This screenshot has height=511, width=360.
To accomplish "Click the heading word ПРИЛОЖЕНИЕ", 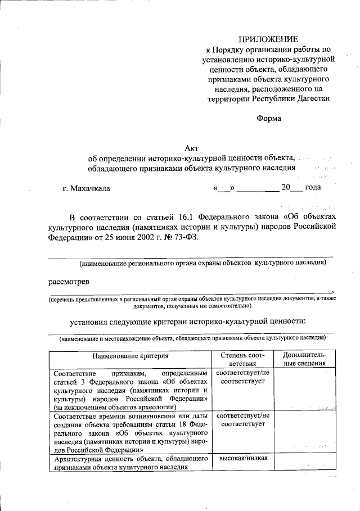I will pos(267,39).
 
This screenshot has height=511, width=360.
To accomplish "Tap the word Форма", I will pos(268,118).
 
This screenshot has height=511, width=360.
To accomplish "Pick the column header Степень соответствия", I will pos(242,360).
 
